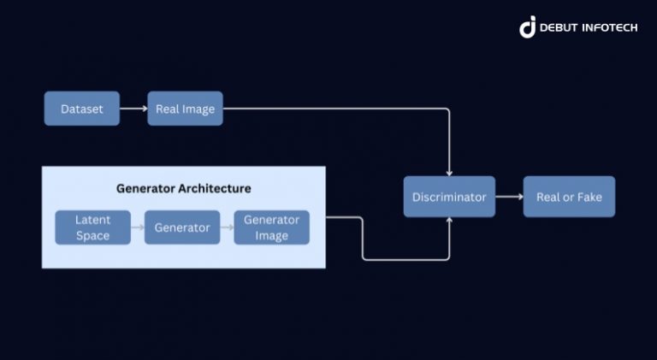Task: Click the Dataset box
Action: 82,109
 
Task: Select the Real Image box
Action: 185,109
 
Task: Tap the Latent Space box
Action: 92,227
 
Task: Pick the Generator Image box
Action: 271,227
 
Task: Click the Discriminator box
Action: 449,197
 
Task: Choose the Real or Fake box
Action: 569,197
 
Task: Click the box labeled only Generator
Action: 182,227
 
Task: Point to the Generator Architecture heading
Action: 184,188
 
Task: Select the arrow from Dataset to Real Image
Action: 133,109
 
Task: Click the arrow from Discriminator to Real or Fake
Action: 509,197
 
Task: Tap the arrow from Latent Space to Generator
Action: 137,227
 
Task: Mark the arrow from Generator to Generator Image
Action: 227,227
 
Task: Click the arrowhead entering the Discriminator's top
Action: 449,172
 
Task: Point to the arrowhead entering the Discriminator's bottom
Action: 449,221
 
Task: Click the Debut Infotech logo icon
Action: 527,27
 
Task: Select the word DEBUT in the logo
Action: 559,28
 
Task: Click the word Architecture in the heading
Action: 214,188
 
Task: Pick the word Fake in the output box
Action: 589,197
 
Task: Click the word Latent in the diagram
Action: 92,220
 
